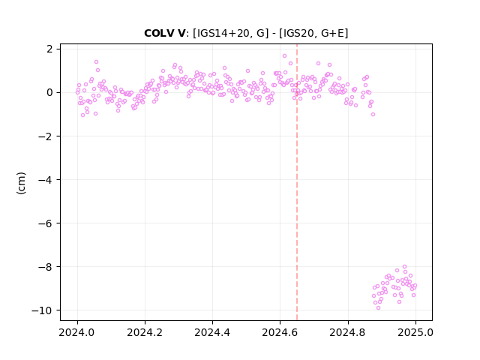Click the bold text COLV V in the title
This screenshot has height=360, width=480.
point(165,33)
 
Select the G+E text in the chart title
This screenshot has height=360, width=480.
point(332,33)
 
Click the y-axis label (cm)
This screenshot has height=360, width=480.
point(21,183)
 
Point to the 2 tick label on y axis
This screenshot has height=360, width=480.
point(49,49)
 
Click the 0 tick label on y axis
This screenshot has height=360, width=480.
point(49,92)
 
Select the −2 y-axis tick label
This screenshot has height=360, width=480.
point(45,136)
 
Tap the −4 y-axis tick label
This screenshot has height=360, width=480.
point(45,180)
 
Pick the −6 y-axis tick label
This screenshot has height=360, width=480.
point(45,223)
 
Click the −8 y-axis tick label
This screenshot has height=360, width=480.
point(45,267)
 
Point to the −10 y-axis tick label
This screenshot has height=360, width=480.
point(42,310)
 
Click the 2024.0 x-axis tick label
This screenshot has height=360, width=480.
point(77,332)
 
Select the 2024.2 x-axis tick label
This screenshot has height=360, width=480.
point(145,332)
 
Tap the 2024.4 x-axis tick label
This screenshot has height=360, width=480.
point(212,332)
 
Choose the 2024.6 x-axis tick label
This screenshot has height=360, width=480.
point(280,332)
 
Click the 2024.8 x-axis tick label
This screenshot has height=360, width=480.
point(348,332)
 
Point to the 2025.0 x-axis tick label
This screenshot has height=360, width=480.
point(415,332)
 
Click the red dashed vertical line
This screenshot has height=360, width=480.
point(297,182)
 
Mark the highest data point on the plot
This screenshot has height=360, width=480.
point(284,56)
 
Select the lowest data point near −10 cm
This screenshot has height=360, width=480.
point(378,308)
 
